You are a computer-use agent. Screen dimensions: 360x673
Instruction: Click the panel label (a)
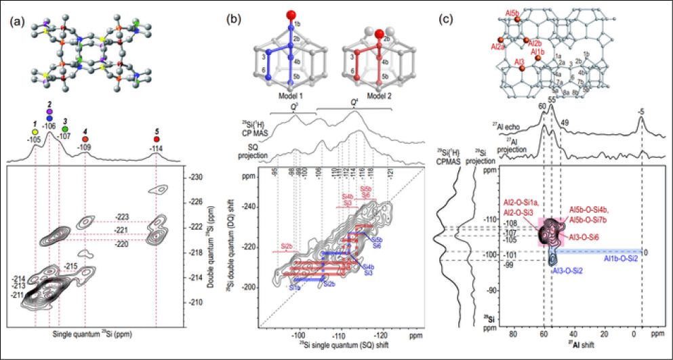tap(18, 19)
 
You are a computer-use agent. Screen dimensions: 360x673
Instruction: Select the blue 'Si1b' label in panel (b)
tap(296, 289)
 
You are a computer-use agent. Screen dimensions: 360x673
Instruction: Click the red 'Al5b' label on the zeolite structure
tap(512, 12)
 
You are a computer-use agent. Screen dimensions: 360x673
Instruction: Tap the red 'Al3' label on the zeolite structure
tap(520, 62)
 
